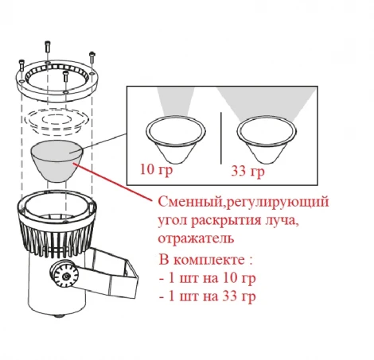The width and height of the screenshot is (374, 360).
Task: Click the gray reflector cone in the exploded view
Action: [x=54, y=162]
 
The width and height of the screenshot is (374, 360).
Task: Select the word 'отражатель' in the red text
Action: [x=183, y=238]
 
